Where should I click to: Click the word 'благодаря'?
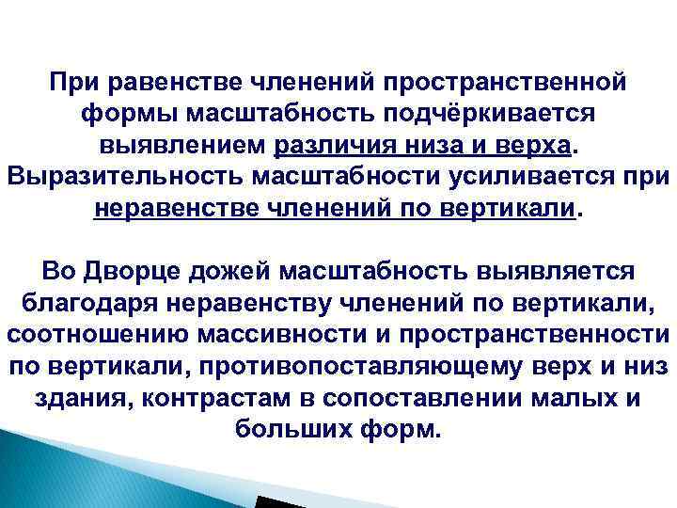coord(82,304)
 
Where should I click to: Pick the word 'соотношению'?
coord(95,335)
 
